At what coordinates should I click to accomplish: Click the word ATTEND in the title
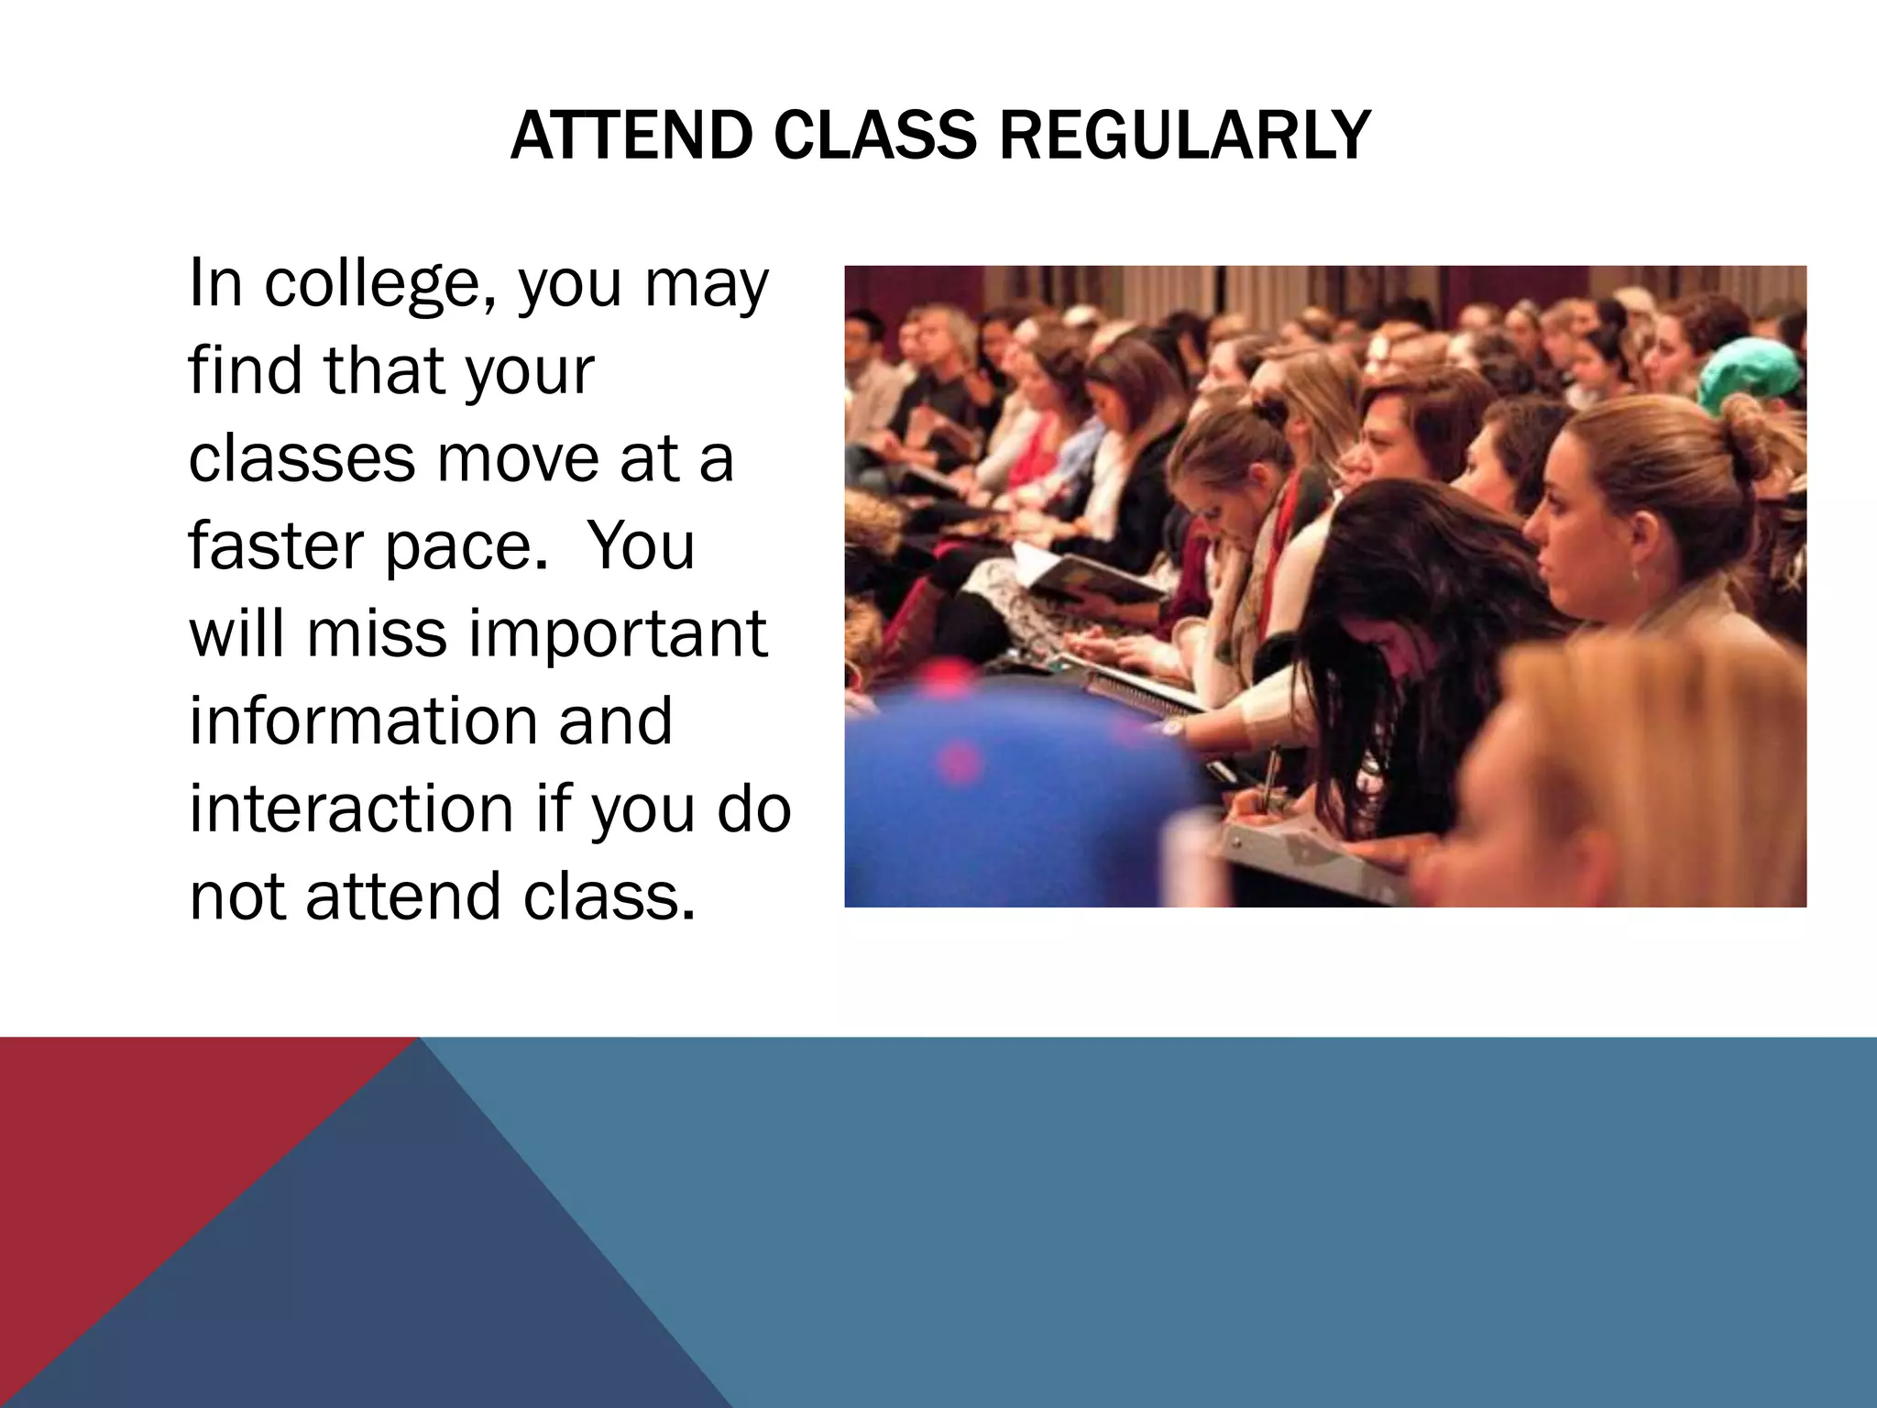(631, 136)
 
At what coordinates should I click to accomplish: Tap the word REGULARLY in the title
(1184, 136)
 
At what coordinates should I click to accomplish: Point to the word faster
(276, 544)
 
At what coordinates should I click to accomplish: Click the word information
(364, 720)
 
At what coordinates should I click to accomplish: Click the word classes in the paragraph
(302, 458)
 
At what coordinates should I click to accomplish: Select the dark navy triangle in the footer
(385, 1283)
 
